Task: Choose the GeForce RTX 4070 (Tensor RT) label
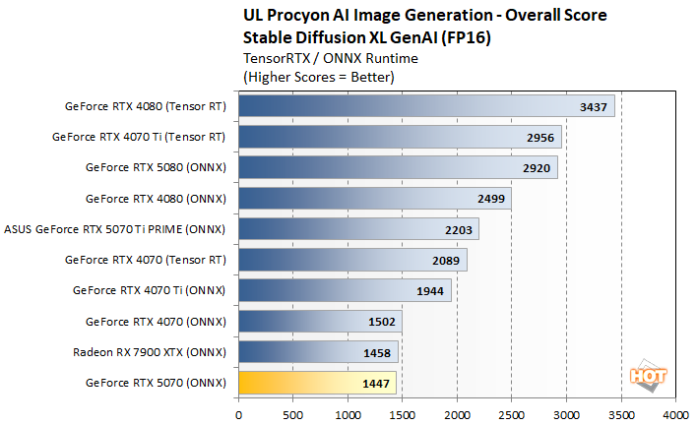pyautogui.click(x=145, y=260)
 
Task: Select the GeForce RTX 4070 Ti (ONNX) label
pyautogui.click(x=150, y=290)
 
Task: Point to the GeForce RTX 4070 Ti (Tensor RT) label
pyautogui.click(x=139, y=137)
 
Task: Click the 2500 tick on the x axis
pyautogui.click(x=511, y=415)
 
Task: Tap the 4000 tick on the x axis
pyautogui.click(x=674, y=415)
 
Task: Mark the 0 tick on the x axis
pyautogui.click(x=238, y=415)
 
